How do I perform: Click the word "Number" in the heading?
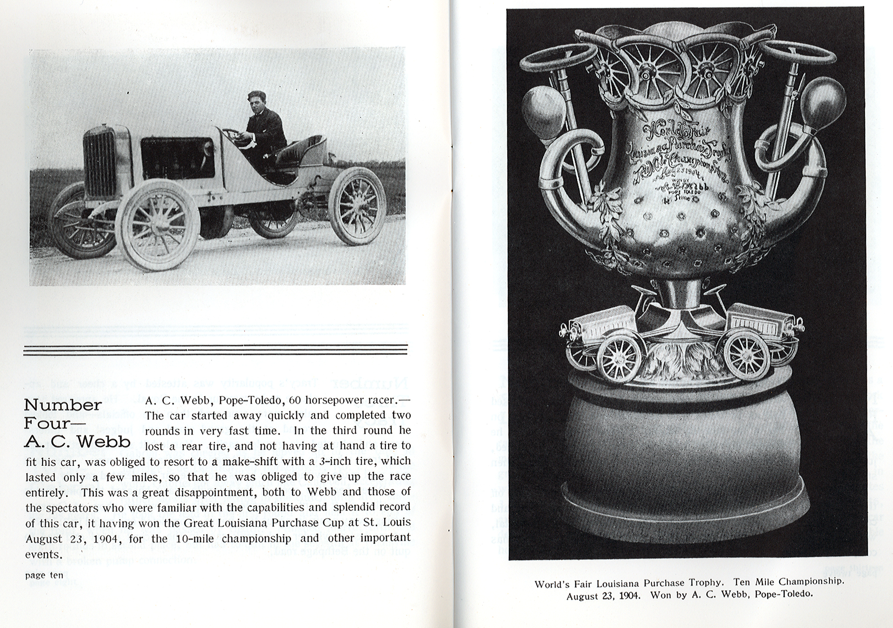coord(63,405)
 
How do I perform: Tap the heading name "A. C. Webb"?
coord(77,442)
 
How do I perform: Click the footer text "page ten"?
coord(44,575)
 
